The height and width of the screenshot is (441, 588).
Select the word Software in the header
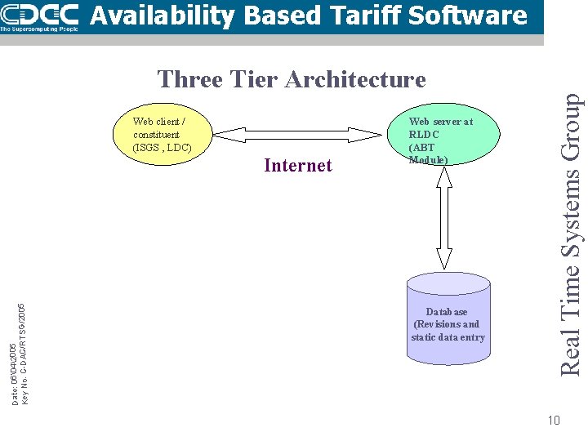coord(473,15)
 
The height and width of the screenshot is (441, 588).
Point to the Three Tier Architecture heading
coord(292,79)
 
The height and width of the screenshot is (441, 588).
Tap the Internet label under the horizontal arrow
coord(298,166)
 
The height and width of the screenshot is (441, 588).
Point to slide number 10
coord(554,421)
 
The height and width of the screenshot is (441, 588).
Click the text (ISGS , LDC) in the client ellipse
coord(162,147)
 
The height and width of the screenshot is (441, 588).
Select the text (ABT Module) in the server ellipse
coord(428,154)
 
